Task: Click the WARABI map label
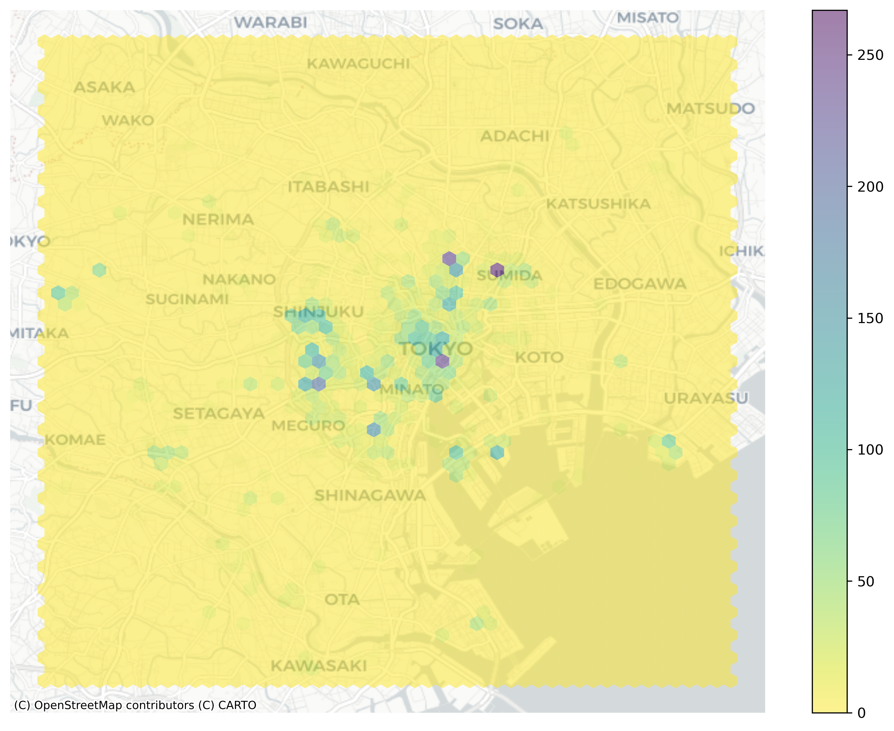(x=270, y=22)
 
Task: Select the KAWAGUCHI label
(x=358, y=64)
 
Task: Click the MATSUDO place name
(x=710, y=108)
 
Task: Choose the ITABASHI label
(x=328, y=187)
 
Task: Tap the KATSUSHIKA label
(x=598, y=204)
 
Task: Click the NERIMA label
(x=218, y=219)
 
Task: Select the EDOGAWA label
(x=639, y=284)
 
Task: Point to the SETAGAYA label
(x=219, y=414)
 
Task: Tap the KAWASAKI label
(x=319, y=666)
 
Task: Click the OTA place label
(x=342, y=599)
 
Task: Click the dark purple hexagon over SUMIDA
(x=497, y=270)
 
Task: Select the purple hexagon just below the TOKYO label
(x=442, y=361)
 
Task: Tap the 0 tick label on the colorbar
(x=862, y=713)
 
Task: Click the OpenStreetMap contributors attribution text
(x=135, y=705)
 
